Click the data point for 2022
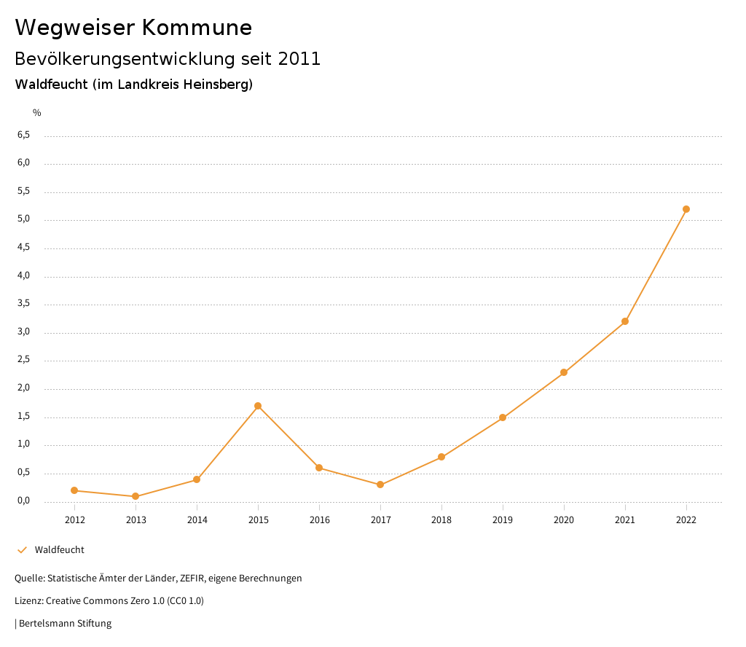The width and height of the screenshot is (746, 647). [x=686, y=209]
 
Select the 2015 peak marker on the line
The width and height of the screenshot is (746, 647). [x=258, y=406]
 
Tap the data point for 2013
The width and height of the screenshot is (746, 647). [x=136, y=496]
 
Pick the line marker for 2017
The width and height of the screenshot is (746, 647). [x=380, y=485]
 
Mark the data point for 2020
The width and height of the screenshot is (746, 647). [x=564, y=372]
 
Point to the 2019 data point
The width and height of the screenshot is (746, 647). [x=503, y=417]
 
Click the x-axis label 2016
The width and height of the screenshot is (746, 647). [x=319, y=519]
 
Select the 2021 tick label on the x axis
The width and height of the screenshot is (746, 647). [x=625, y=519]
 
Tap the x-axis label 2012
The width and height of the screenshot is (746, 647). [x=74, y=519]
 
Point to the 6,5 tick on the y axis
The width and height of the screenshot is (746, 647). [x=24, y=135]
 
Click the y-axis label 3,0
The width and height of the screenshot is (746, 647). [x=24, y=332]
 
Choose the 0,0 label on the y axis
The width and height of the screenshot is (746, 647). [x=24, y=501]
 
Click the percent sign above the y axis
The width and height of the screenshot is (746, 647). [x=37, y=112]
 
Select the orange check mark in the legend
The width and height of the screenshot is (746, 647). [x=22, y=549]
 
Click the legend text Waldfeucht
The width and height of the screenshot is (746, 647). [x=60, y=550]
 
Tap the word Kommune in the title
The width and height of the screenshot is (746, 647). [x=197, y=28]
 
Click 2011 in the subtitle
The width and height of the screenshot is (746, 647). [x=299, y=58]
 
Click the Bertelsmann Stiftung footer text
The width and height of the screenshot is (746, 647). [x=65, y=624]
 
